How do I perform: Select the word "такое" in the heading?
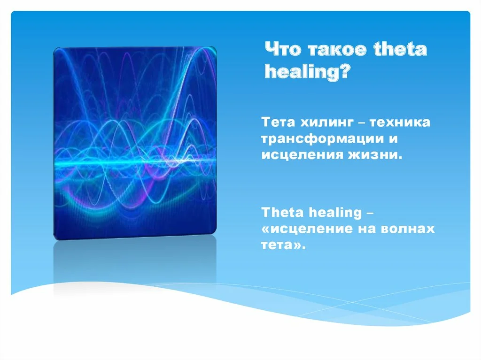point(337,50)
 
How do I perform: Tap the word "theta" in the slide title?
point(400,49)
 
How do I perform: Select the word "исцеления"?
point(302,155)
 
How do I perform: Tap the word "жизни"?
point(374,155)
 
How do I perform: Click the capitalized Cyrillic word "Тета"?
point(278,123)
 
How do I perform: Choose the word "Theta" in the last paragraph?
point(282,212)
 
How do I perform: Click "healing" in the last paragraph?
point(335,213)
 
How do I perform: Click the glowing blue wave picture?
point(135,143)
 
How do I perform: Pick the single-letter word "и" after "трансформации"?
point(393,138)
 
